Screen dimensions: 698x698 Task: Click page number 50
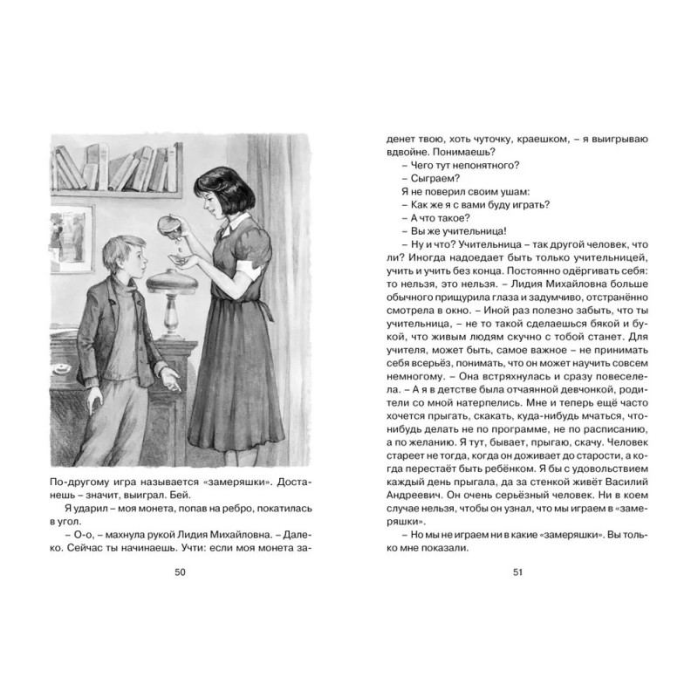pos(180,572)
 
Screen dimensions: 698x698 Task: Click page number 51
pos(517,572)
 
